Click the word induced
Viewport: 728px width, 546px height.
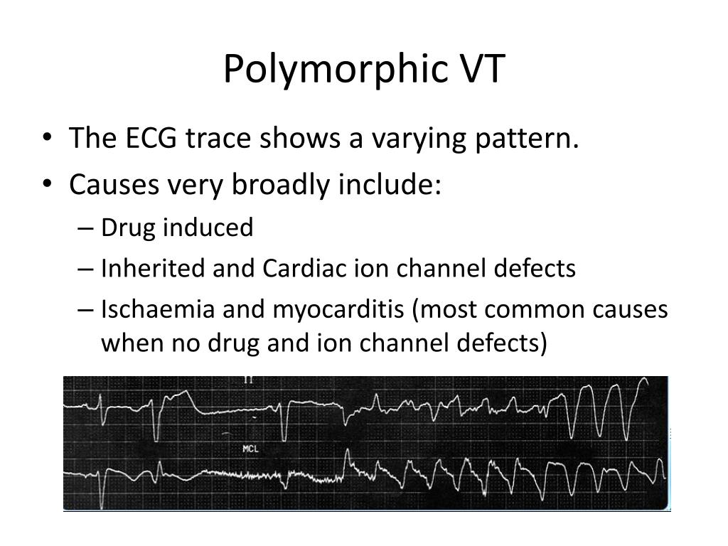(x=208, y=227)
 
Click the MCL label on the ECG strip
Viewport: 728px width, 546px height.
(x=250, y=449)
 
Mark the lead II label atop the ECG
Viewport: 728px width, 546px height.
(x=248, y=380)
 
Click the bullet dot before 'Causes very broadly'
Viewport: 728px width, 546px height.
(x=47, y=186)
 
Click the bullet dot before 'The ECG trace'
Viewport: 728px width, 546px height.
(x=47, y=139)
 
